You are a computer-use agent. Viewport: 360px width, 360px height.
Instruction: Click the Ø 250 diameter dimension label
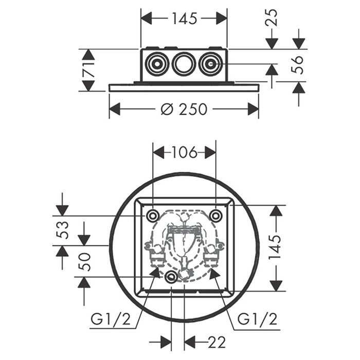183,110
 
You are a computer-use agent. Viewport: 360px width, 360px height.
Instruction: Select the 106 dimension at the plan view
184,152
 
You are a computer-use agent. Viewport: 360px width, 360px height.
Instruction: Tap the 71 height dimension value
88,70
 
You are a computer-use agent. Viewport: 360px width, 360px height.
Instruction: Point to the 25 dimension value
272,18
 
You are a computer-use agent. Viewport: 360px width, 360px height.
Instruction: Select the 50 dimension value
84,261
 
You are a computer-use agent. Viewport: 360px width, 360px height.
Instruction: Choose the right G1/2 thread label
257,320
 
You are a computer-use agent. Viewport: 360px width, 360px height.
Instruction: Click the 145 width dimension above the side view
184,19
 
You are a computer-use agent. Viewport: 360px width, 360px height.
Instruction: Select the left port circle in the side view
156,65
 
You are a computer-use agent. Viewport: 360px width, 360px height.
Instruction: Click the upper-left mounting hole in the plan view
153,215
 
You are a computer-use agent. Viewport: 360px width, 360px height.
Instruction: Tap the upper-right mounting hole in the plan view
215,215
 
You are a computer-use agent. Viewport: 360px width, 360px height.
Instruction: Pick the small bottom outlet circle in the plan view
171,277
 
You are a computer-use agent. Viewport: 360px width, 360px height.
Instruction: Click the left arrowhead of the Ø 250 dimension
114,110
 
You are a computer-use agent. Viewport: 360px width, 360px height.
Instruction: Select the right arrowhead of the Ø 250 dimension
254,110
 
